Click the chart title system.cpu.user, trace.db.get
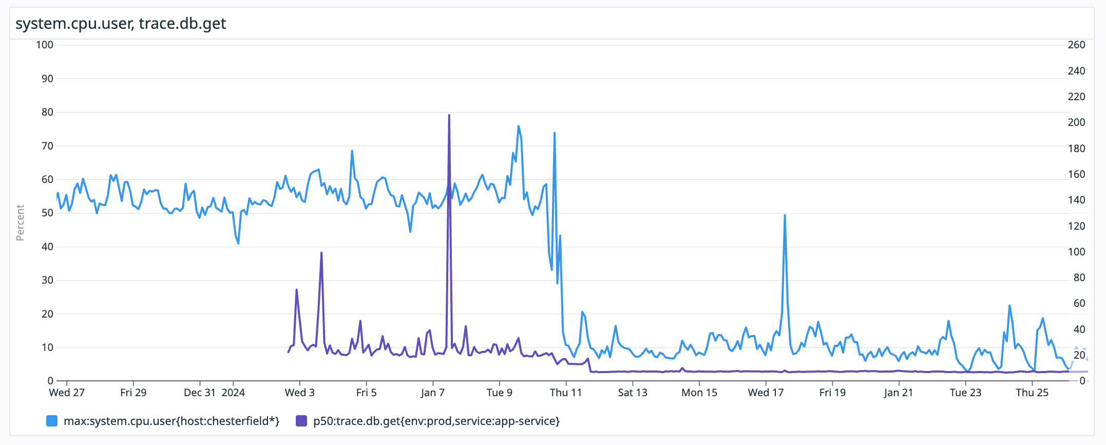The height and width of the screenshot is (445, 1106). click(121, 24)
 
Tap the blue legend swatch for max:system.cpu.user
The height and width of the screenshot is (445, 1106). click(52, 421)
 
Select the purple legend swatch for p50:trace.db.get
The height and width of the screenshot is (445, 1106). click(301, 421)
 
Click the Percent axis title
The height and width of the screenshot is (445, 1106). click(20, 222)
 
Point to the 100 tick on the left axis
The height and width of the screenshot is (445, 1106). click(45, 45)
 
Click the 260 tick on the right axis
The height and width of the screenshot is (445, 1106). click(1076, 45)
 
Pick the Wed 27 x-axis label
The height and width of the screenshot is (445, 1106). click(67, 393)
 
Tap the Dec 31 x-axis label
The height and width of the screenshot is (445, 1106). click(200, 393)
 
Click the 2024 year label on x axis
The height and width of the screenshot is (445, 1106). click(233, 393)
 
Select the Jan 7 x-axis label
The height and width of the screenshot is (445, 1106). click(433, 393)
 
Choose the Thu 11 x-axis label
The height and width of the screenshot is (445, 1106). click(566, 393)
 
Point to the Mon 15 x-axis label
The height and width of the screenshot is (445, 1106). click(699, 393)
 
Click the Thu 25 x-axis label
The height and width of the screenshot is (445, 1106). click(1032, 393)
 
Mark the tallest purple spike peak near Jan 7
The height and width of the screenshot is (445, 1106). click(449, 115)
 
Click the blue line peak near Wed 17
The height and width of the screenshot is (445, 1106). click(785, 215)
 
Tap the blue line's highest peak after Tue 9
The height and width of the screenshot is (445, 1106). click(519, 126)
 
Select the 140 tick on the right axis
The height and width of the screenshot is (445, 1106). click(1076, 200)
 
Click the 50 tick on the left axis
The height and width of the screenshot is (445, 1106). click(47, 213)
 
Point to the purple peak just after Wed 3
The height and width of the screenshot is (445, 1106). click(321, 253)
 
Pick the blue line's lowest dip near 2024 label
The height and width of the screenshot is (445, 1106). click(238, 243)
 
